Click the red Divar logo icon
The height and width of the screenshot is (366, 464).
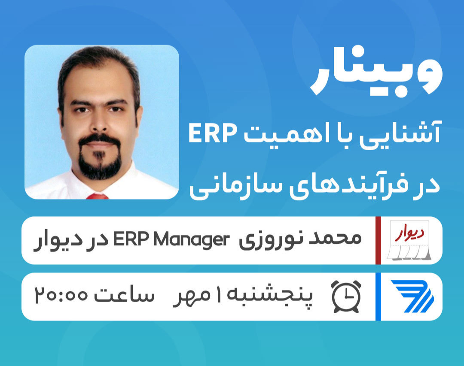[410, 240]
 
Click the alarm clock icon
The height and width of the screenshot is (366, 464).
[346, 296]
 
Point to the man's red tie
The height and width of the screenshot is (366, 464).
[97, 196]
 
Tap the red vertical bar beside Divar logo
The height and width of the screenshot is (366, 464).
[378, 240]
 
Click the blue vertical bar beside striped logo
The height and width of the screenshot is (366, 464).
[378, 296]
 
